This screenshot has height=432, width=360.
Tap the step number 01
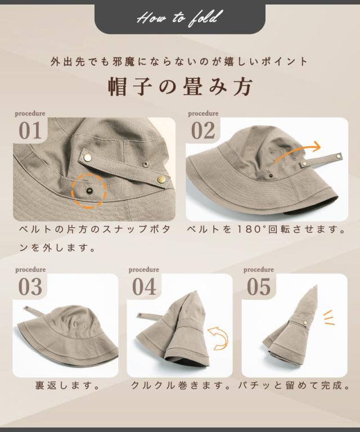coord(30,130)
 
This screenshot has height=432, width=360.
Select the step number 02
coord(203,130)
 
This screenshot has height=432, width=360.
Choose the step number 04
coord(144,287)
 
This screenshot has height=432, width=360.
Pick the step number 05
coord(259,287)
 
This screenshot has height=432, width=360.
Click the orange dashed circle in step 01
coord(89,191)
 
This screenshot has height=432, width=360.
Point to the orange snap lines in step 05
coord(328,317)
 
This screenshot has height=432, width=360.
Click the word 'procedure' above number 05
coord(259,270)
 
